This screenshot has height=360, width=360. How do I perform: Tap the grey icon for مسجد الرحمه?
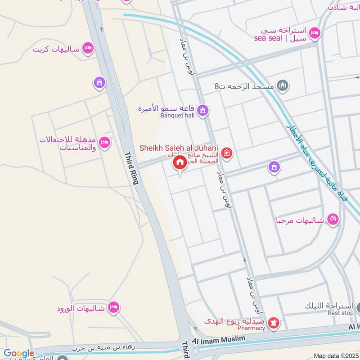pos(283,85)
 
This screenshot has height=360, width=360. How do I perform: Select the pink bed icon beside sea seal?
pos(315,32)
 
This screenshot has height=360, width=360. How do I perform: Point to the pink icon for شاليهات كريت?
pos(88,48)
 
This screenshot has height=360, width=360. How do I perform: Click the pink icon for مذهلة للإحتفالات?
pos(104,142)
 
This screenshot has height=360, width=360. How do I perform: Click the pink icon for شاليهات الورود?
pos(114,307)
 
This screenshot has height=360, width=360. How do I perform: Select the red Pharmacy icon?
pos(273,323)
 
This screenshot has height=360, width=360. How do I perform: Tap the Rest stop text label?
pos(341,313)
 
